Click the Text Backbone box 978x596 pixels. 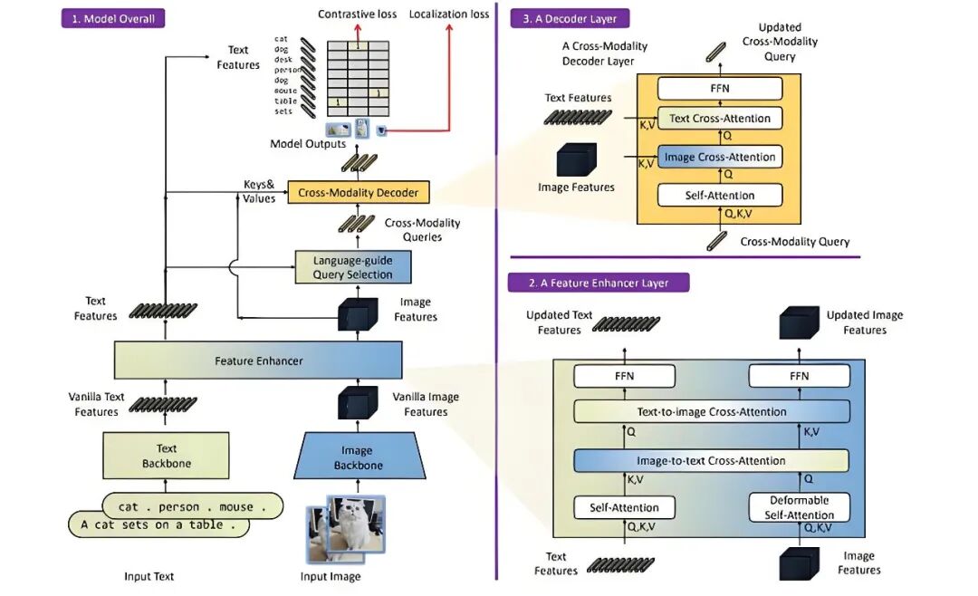(166, 456)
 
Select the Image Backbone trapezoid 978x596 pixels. (357, 457)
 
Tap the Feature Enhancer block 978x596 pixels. (258, 360)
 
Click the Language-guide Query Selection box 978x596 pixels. (353, 267)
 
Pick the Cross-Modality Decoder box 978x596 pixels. (359, 192)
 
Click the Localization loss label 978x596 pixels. (449, 14)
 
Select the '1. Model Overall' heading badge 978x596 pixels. (113, 18)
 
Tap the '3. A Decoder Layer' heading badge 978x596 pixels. (570, 18)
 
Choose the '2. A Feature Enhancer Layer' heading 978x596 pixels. (599, 283)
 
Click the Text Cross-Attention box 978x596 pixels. (720, 118)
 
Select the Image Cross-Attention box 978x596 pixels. (720, 157)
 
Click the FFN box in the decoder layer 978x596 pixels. (720, 88)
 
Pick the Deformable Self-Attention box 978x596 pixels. (800, 507)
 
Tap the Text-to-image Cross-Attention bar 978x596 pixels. (712, 411)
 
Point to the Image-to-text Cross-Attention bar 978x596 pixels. (712, 460)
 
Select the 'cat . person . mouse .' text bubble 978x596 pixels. (193, 506)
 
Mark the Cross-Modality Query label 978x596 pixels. (794, 242)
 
